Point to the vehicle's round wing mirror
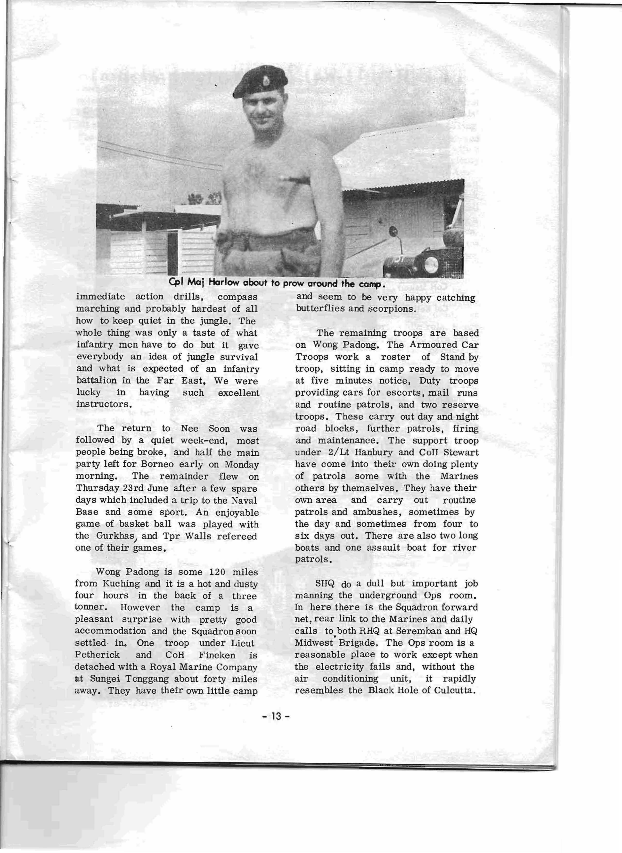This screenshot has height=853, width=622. pyautogui.click(x=393, y=230)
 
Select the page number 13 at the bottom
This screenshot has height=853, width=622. pyautogui.click(x=276, y=716)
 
